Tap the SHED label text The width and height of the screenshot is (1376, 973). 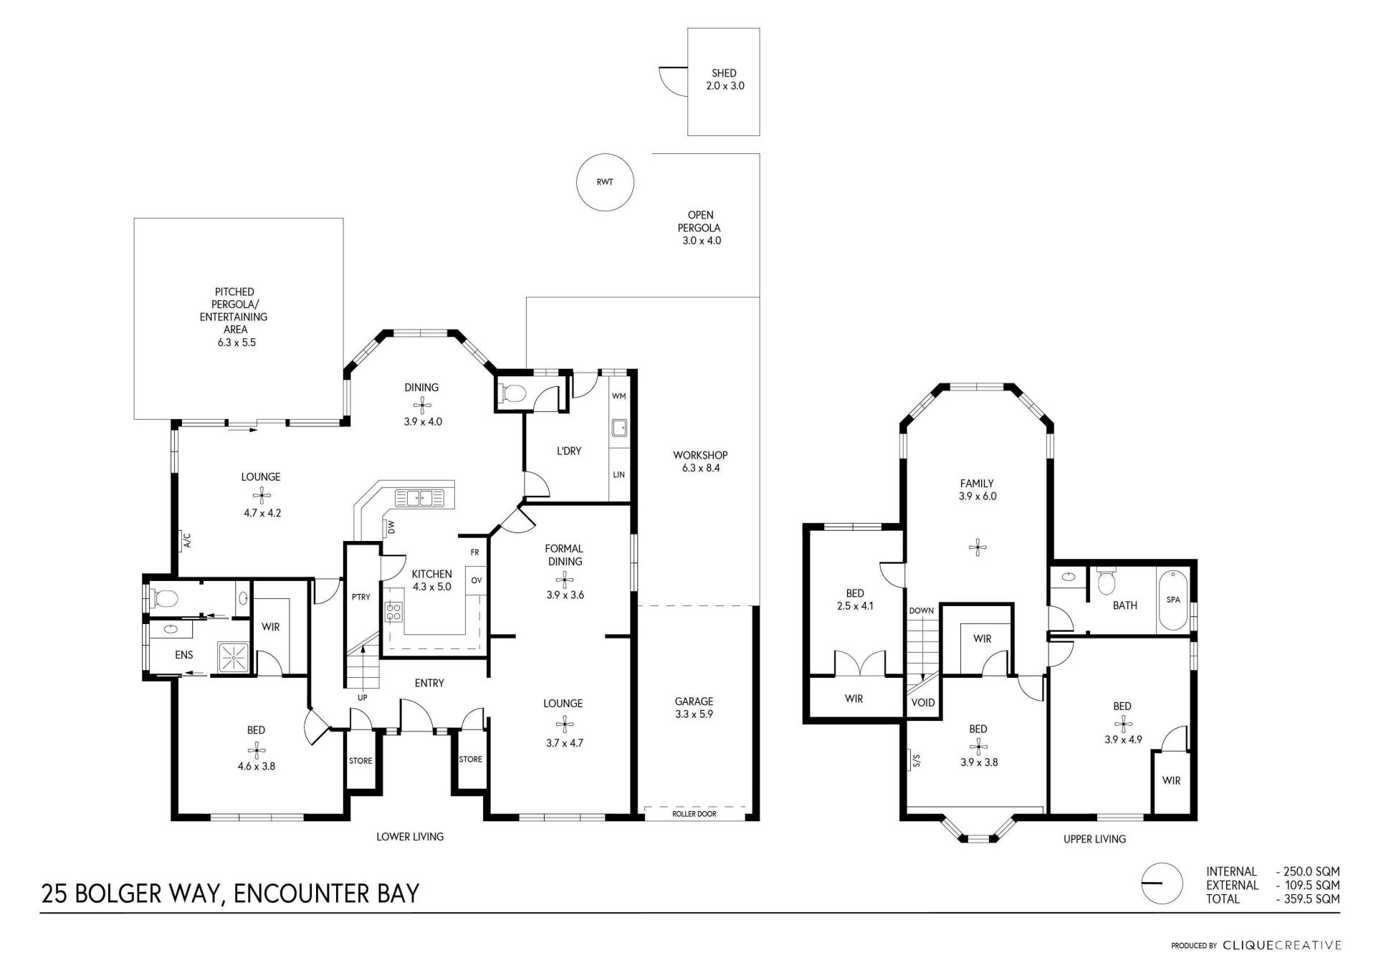[724, 73]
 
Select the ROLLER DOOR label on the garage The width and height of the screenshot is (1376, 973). [694, 814]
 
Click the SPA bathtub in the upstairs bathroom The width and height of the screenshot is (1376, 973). [1173, 600]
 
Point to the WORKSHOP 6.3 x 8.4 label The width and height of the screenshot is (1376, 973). [700, 461]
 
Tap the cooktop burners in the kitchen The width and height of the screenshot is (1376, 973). [393, 612]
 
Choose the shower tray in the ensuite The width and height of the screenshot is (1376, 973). [233, 658]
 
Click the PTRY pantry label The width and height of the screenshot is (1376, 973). [361, 597]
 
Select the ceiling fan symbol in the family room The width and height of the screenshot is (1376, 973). [978, 548]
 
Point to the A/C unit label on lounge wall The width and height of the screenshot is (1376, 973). [186, 540]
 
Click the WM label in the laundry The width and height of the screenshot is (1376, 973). [618, 396]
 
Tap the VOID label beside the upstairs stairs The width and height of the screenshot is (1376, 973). [922, 703]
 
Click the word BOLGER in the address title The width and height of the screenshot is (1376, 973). [118, 894]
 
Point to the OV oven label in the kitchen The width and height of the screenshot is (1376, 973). [476, 580]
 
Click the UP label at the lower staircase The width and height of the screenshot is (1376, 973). [363, 698]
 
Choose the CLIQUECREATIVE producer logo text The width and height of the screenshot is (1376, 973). [1282, 946]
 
